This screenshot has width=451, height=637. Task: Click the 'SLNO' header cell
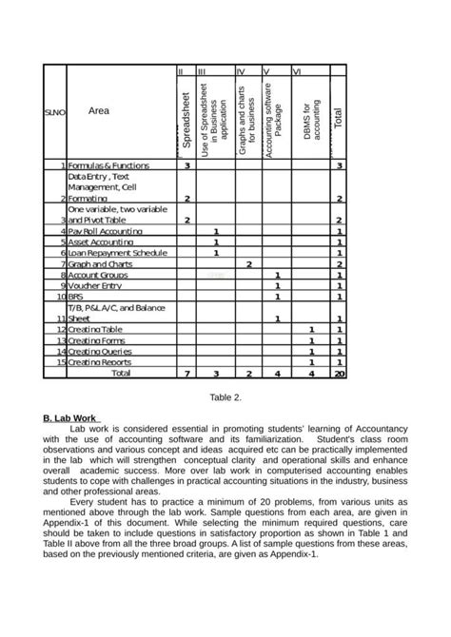(53, 112)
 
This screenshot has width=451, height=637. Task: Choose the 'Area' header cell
(98, 111)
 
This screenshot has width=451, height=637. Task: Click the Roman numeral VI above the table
(298, 71)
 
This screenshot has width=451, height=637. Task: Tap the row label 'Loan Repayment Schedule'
(114, 253)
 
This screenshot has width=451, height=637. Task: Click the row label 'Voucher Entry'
(93, 285)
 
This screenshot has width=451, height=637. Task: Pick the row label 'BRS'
(75, 297)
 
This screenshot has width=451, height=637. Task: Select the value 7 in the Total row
(187, 374)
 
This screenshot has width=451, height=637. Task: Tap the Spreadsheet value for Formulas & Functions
(187, 165)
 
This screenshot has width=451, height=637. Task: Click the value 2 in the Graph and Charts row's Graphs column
(248, 263)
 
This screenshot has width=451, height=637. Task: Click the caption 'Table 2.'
(225, 398)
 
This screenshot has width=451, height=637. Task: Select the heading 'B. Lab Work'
(72, 418)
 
